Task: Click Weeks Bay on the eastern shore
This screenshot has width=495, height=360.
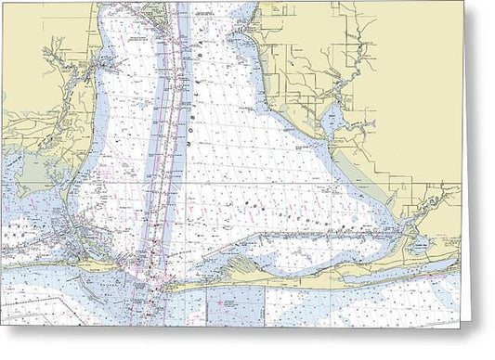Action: [x=329, y=119]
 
